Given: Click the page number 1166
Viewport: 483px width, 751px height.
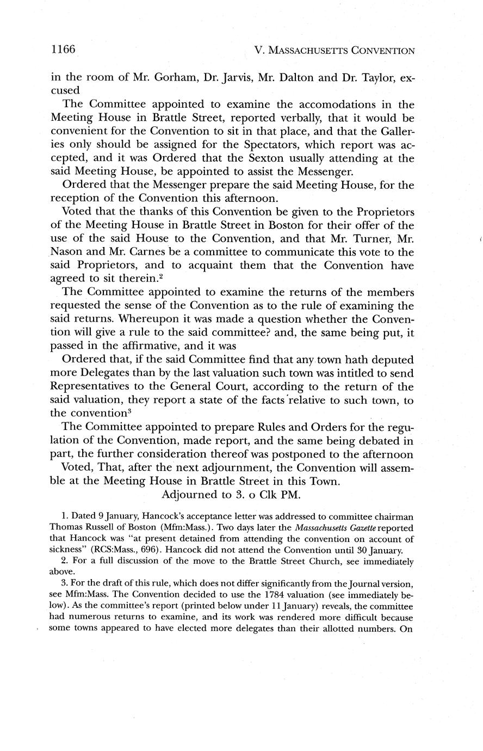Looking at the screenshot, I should click(62, 50).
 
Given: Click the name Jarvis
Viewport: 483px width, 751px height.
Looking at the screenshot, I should click(235, 77).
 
